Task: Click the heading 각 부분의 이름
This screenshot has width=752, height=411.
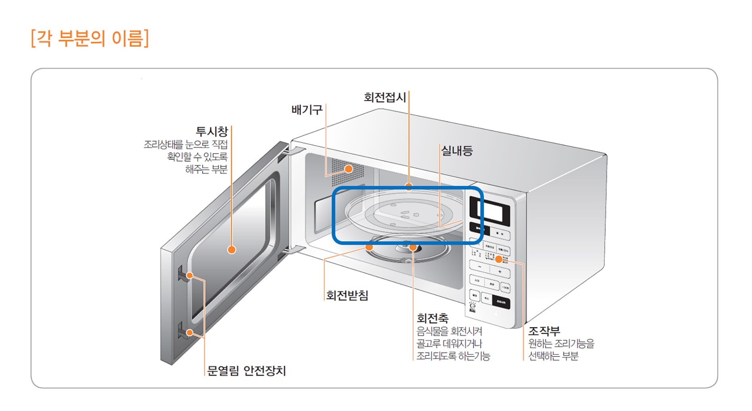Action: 90,38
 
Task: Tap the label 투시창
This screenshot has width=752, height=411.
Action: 212,131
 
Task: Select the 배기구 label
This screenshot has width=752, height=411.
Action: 307,109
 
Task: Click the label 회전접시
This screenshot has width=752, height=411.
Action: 385,97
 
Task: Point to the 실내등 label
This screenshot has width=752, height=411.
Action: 457,151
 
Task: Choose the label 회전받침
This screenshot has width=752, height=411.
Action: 347,295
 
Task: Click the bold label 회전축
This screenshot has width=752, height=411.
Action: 432,318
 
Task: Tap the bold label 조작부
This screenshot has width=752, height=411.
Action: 544,331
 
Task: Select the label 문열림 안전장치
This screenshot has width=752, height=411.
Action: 247,371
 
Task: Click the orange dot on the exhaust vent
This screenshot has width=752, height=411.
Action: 349,169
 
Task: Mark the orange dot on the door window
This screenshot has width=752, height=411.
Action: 232,250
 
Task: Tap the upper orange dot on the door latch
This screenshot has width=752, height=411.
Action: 190,275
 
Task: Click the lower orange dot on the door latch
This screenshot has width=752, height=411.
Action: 190,332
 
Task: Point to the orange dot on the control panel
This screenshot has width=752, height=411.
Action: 498,259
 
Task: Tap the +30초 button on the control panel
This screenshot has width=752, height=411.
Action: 505,288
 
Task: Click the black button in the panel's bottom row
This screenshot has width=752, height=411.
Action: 501,302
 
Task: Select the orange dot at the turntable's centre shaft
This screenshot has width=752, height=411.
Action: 413,248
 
